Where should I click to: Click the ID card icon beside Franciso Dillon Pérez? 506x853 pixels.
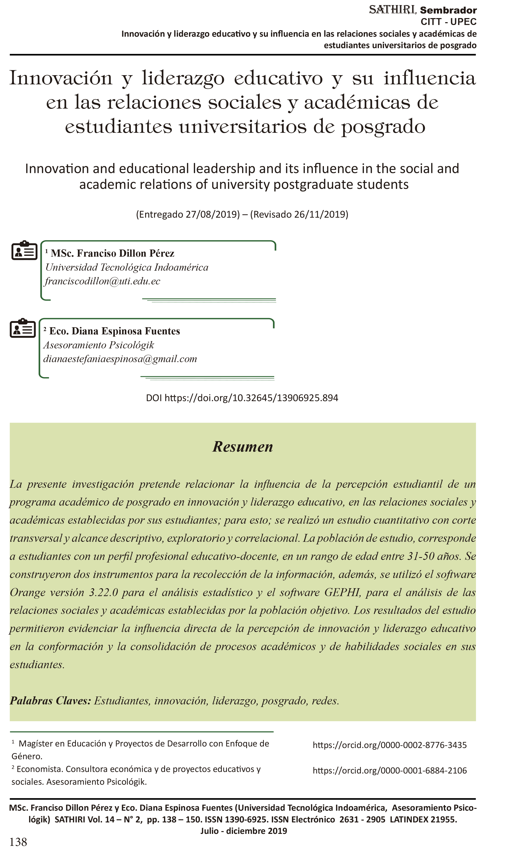click(24, 251)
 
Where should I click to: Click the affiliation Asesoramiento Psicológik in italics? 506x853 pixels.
click(99, 345)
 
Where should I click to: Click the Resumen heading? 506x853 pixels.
click(243, 447)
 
